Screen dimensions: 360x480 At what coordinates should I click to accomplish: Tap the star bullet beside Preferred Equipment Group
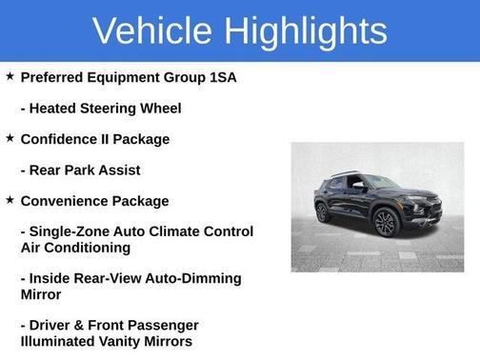pos(10,76)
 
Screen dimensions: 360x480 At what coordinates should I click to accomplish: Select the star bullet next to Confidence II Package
pos(10,138)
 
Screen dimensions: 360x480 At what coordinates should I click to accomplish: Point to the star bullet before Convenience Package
pos(10,200)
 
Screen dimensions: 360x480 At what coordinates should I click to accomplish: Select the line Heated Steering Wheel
pos(101,108)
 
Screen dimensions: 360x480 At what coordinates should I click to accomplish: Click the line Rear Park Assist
pos(80,170)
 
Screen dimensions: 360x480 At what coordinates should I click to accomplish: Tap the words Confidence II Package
pos(95,139)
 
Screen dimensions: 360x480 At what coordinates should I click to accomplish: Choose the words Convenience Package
pos(94,201)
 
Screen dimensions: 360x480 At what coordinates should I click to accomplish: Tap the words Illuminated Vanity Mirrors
pos(106,341)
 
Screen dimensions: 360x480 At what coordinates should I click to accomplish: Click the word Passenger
pos(164,325)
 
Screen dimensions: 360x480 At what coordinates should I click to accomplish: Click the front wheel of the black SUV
pos(387,224)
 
